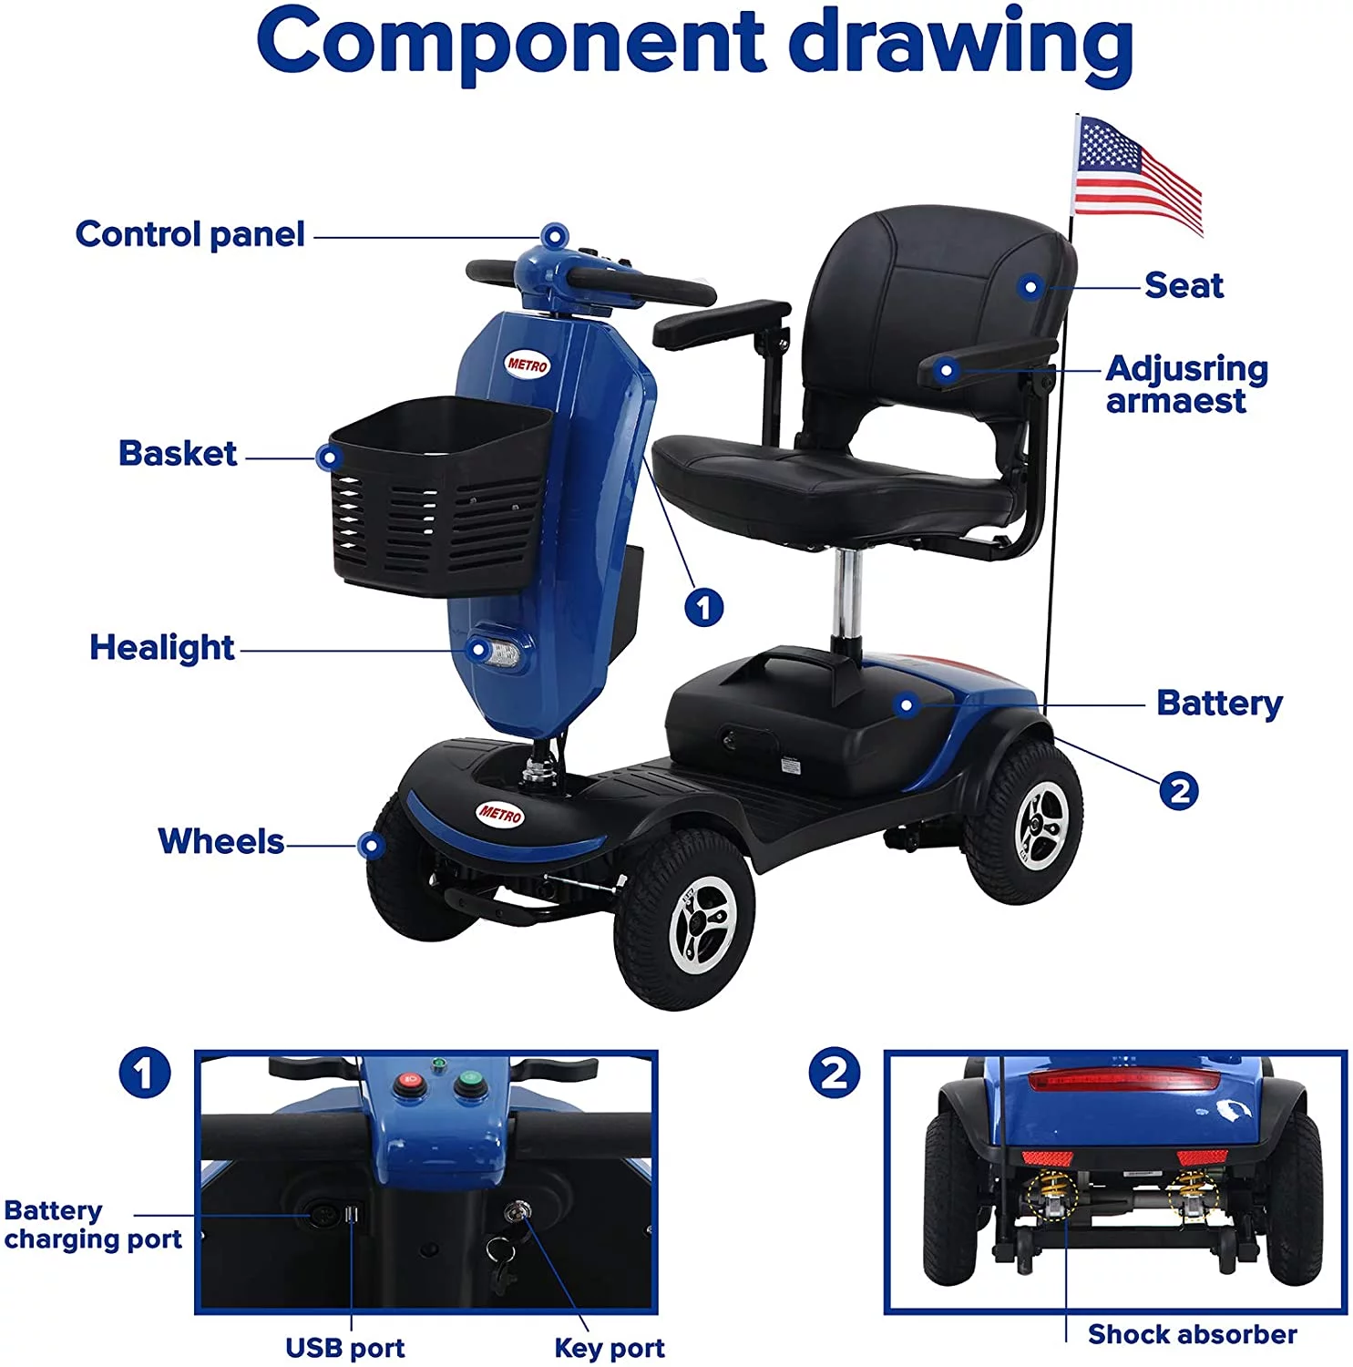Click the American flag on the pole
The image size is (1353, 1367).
pos(1138,176)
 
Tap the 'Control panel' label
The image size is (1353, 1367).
pos(190,234)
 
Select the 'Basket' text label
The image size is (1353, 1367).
pos(178,453)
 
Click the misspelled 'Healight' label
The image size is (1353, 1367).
pos(162,648)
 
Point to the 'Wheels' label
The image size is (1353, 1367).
pos(221,841)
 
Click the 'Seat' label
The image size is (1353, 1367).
pos(1184,285)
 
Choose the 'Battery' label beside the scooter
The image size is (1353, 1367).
pos(1219,704)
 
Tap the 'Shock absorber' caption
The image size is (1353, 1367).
pos(1192,1334)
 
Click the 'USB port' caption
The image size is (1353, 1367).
pos(345,1348)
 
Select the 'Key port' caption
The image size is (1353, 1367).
pos(610,1348)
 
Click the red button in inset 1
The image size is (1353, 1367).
pos(410,1084)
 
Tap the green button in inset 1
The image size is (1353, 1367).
pos(470,1083)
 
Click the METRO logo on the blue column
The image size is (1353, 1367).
pos(528,365)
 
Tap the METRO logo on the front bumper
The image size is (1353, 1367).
pos(500,813)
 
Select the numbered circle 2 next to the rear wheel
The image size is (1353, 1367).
pos(1179,790)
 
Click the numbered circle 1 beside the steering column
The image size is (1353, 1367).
pos(703,607)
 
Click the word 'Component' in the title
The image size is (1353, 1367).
pos(511,41)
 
